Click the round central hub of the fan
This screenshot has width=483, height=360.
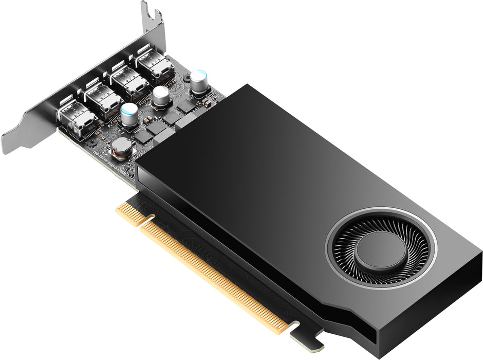[381, 250]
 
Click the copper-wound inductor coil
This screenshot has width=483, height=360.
[122, 147]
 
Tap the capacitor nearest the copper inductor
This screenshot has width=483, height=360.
[129, 114]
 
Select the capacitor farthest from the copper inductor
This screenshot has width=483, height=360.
[199, 81]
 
